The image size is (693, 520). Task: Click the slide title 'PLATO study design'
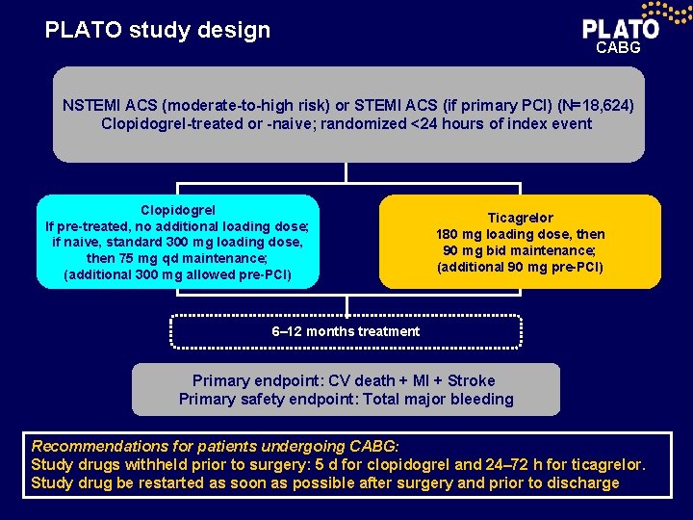coord(158,30)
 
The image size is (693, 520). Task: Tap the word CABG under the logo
coord(618,47)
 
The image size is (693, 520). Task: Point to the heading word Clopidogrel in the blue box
coord(178,209)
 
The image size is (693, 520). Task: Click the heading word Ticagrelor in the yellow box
coord(520,218)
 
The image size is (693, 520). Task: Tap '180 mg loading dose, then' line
coord(520,234)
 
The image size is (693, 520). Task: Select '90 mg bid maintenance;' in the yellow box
coord(520,250)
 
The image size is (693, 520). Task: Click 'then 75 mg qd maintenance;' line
coord(178,258)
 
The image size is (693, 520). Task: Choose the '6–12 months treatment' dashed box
coord(346,331)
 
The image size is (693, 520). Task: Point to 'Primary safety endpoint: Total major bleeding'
coord(346,399)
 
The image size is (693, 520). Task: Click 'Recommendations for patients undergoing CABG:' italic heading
coord(215,446)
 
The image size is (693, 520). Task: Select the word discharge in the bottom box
coord(580,482)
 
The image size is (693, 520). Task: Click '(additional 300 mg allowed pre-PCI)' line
coord(178,274)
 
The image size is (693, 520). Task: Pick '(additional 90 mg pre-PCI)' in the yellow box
coord(520,267)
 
